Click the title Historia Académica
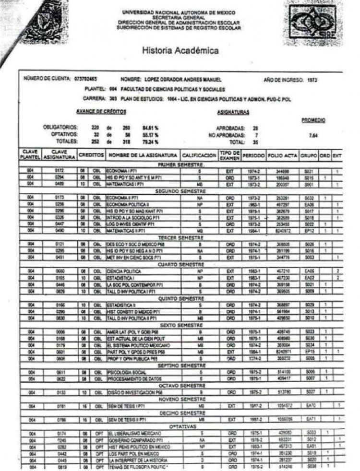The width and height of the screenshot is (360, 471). coord(180,50)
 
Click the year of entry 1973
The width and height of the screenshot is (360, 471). coord(312,79)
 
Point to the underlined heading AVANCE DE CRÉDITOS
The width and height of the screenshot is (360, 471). coord(101,111)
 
